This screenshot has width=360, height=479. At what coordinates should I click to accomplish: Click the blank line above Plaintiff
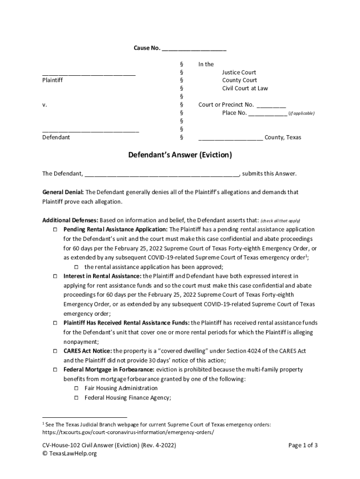coord(89,74)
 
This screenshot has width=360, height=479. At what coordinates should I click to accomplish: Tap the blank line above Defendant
coord(91,131)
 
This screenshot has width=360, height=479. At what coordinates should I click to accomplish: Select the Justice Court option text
coord(239,73)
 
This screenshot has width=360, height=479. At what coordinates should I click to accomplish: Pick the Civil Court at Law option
coord(245,88)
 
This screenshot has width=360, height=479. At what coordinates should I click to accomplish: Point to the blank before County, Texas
coord(230,139)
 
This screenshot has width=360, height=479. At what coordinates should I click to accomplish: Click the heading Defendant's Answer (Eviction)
coord(180,155)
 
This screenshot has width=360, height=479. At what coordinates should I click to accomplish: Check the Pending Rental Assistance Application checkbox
coord(54,230)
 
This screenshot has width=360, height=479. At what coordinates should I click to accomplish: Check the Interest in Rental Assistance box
coord(54,276)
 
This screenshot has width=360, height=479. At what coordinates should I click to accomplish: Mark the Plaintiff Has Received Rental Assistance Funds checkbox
coord(54,323)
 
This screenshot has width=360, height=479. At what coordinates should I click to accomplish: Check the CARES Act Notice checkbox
coord(54,351)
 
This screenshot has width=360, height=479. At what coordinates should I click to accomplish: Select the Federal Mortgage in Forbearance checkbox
coord(54,370)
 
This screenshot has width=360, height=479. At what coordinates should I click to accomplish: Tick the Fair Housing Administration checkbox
coord(77,388)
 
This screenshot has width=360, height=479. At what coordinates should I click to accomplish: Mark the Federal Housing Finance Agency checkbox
coord(77,398)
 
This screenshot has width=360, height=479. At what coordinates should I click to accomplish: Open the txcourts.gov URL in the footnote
coord(128,432)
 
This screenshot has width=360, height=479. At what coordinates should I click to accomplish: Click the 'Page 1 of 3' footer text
coord(303,445)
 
